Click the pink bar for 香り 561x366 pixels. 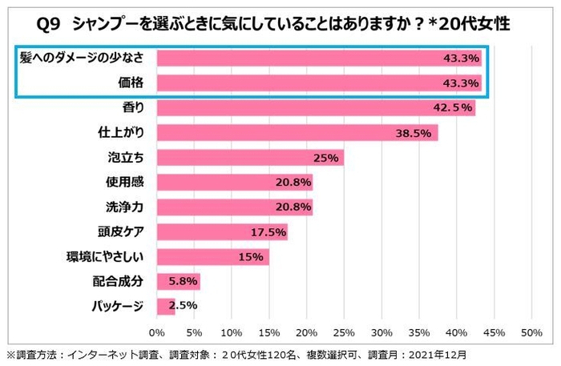coord(316,107)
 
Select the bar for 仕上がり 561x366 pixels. coord(297,132)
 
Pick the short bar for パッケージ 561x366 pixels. coord(166,305)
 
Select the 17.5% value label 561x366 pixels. coord(268,232)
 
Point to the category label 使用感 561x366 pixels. coord(125,183)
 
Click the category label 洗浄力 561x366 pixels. coord(125,207)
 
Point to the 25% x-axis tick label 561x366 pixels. coord(344,332)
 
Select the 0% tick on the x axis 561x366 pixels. coord(157,332)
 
